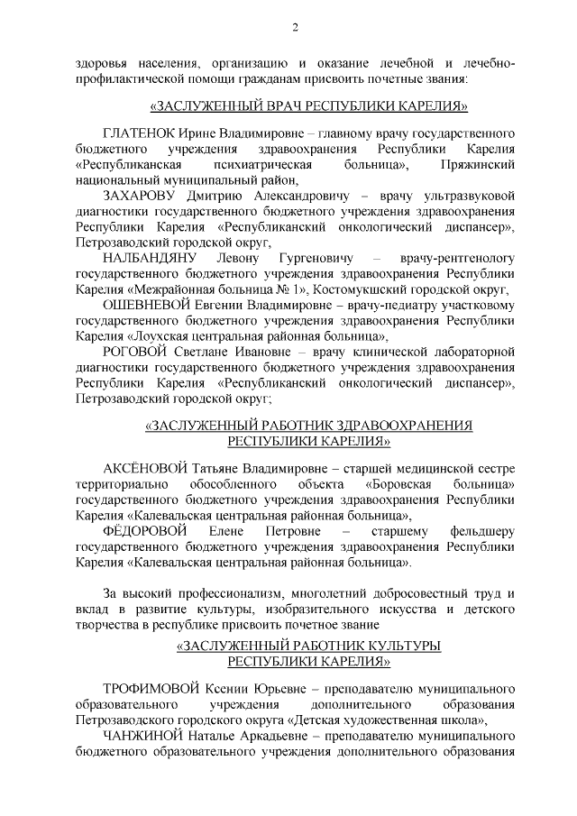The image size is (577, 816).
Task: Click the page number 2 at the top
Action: click(295, 28)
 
